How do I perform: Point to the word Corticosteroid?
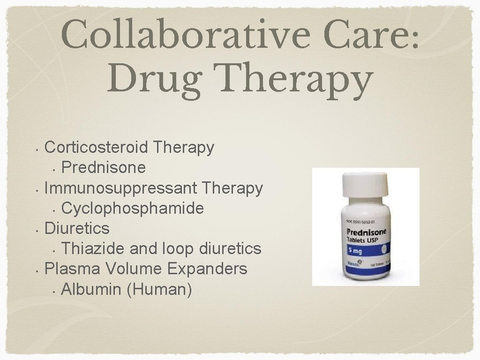[x=96, y=147]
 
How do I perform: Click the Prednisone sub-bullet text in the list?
[x=103, y=167]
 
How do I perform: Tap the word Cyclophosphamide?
[x=132, y=208]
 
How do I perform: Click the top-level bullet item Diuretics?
[x=77, y=228]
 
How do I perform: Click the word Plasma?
[x=72, y=269]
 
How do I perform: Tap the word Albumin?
[x=91, y=289]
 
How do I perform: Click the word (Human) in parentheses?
[x=159, y=289]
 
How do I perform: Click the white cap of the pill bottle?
[x=364, y=190]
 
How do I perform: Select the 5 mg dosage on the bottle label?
[x=355, y=252]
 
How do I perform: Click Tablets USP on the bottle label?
[x=361, y=240]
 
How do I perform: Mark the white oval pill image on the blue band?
[x=382, y=248]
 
